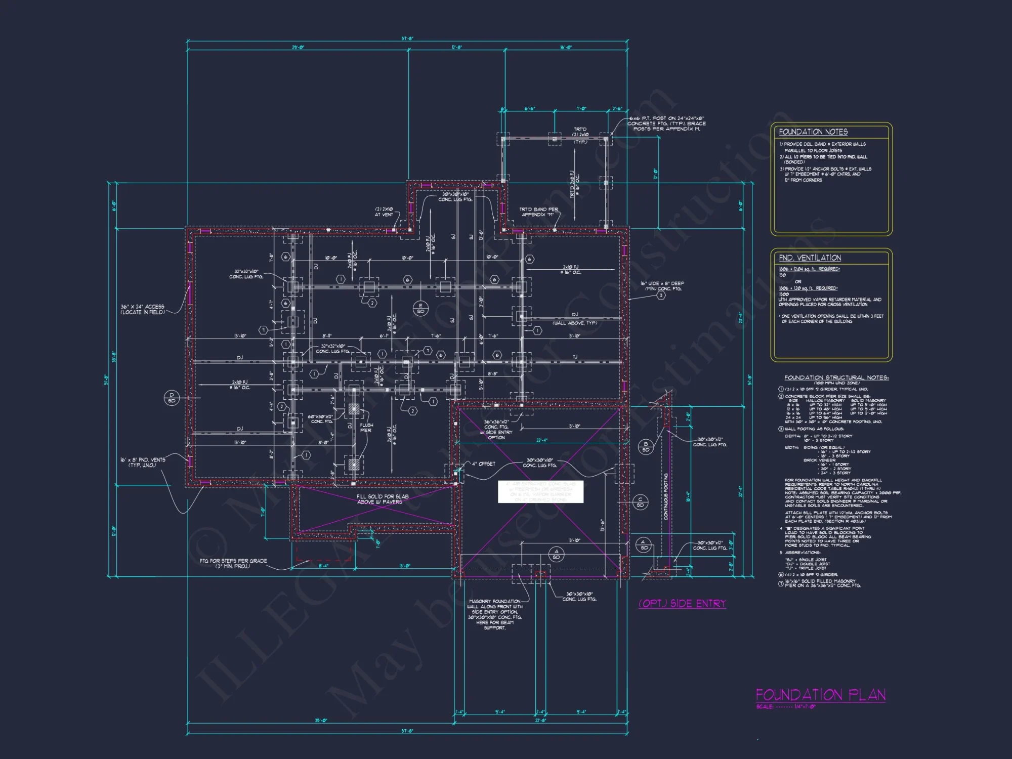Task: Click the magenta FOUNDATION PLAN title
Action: (820, 695)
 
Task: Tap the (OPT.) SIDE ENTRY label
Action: (682, 604)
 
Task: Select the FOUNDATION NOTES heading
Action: (813, 132)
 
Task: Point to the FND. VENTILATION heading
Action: (810, 258)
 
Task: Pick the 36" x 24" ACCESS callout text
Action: (143, 309)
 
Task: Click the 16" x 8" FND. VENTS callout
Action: (143, 462)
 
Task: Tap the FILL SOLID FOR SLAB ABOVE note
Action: (382, 499)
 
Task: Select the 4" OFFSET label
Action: (483, 464)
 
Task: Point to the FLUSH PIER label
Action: (366, 428)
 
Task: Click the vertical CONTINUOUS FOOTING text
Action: (666, 496)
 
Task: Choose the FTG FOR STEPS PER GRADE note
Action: (233, 563)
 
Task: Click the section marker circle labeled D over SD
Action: (172, 398)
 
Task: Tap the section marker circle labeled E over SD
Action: (420, 308)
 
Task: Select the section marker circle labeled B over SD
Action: (646, 447)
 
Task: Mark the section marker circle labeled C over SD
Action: (640, 502)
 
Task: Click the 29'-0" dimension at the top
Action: (298, 48)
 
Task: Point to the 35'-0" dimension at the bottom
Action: (321, 721)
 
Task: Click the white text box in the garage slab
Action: (540, 492)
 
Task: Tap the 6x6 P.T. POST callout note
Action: (666, 123)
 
